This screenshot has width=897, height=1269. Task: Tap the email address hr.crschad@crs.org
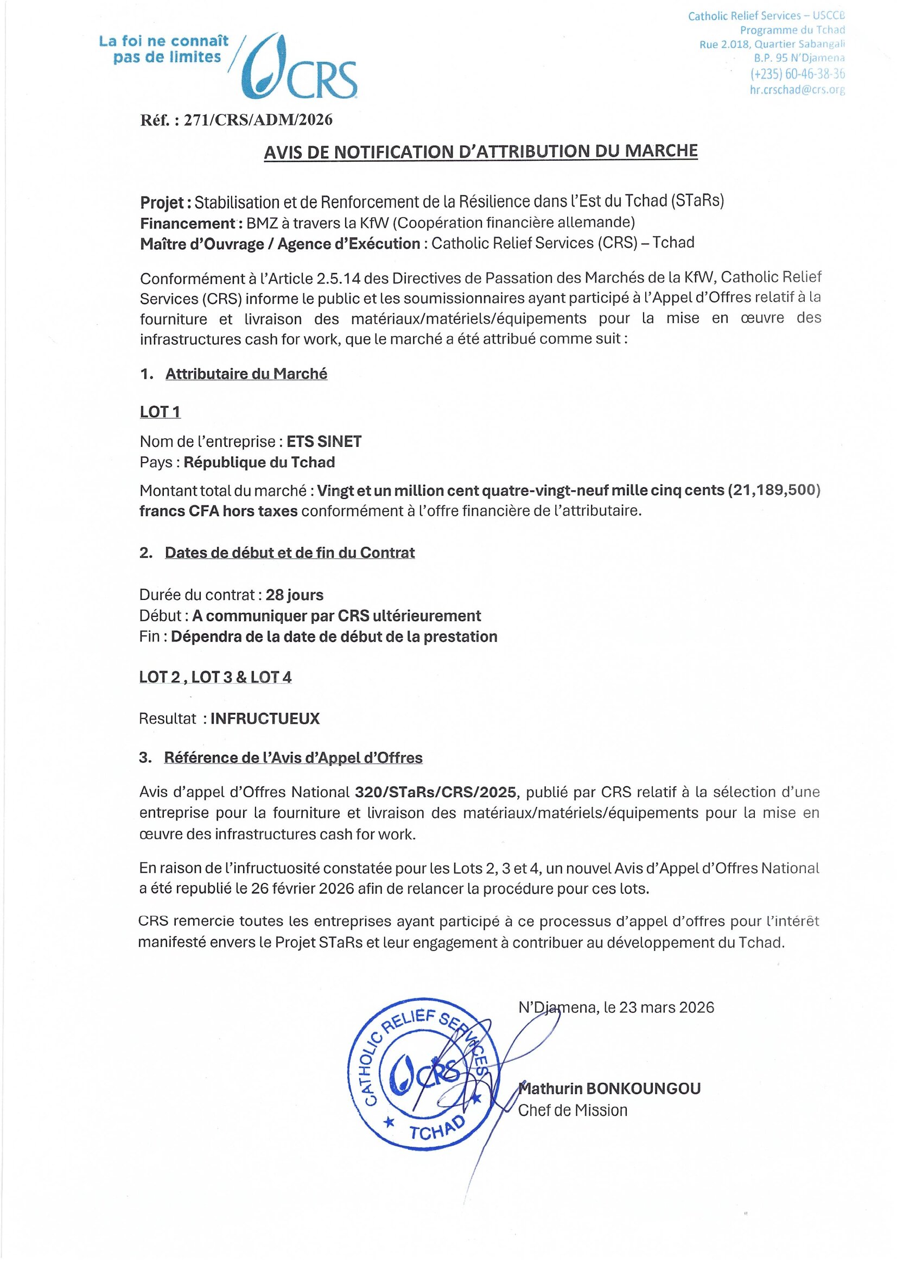[x=797, y=90]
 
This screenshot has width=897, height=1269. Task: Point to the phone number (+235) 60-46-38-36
[x=797, y=73]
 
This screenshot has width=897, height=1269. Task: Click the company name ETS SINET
[x=324, y=441]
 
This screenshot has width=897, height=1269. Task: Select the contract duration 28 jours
[x=295, y=595]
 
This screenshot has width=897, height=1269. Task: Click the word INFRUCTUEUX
[x=265, y=718]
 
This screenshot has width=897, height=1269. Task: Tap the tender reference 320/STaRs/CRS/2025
[x=435, y=792]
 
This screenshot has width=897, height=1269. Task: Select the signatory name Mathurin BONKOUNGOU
[x=610, y=1088]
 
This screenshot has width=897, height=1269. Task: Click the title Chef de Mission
[x=573, y=1110]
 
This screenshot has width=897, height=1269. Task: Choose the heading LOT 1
[x=160, y=412]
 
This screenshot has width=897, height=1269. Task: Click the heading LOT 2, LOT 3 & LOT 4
[x=215, y=677]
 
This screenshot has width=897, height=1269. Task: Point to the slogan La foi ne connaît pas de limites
[x=164, y=49]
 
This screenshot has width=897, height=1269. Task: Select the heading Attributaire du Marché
[x=246, y=374]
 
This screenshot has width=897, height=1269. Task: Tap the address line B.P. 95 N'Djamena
[x=799, y=58]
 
